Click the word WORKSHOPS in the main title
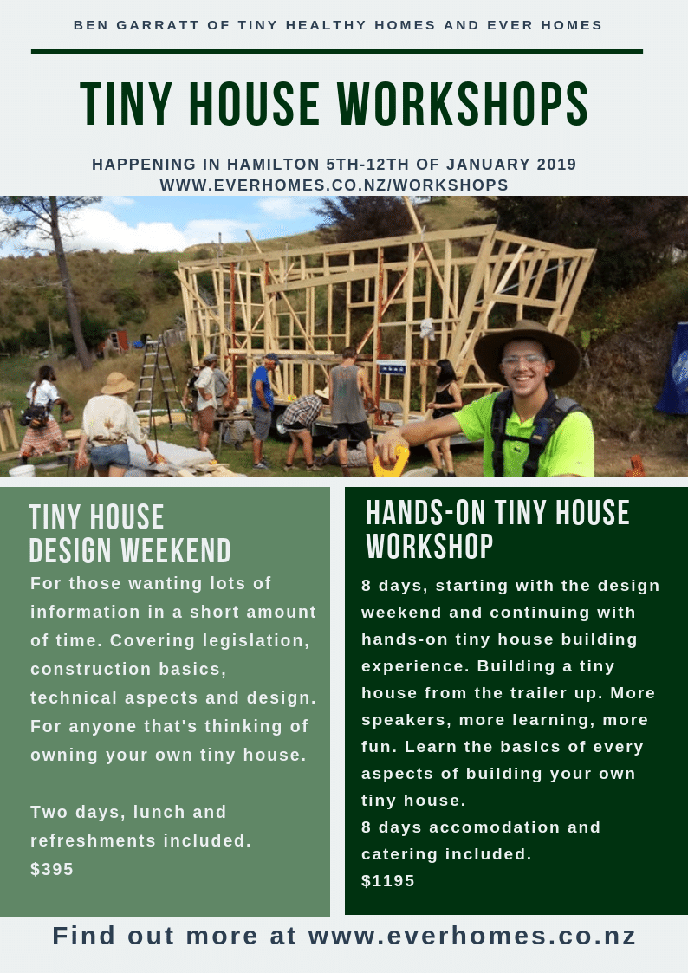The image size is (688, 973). point(463,104)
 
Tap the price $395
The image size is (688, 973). point(52,869)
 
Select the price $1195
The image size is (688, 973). point(387,880)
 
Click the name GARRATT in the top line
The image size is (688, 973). point(149,25)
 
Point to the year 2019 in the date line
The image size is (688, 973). point(556,165)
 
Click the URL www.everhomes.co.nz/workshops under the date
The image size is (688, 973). point(334,185)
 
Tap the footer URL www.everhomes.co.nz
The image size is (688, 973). point(472,936)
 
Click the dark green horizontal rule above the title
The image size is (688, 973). point(337,51)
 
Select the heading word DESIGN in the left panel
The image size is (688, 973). point(71,550)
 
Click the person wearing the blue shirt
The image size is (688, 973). point(263,410)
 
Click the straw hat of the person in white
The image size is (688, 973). point(117,383)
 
